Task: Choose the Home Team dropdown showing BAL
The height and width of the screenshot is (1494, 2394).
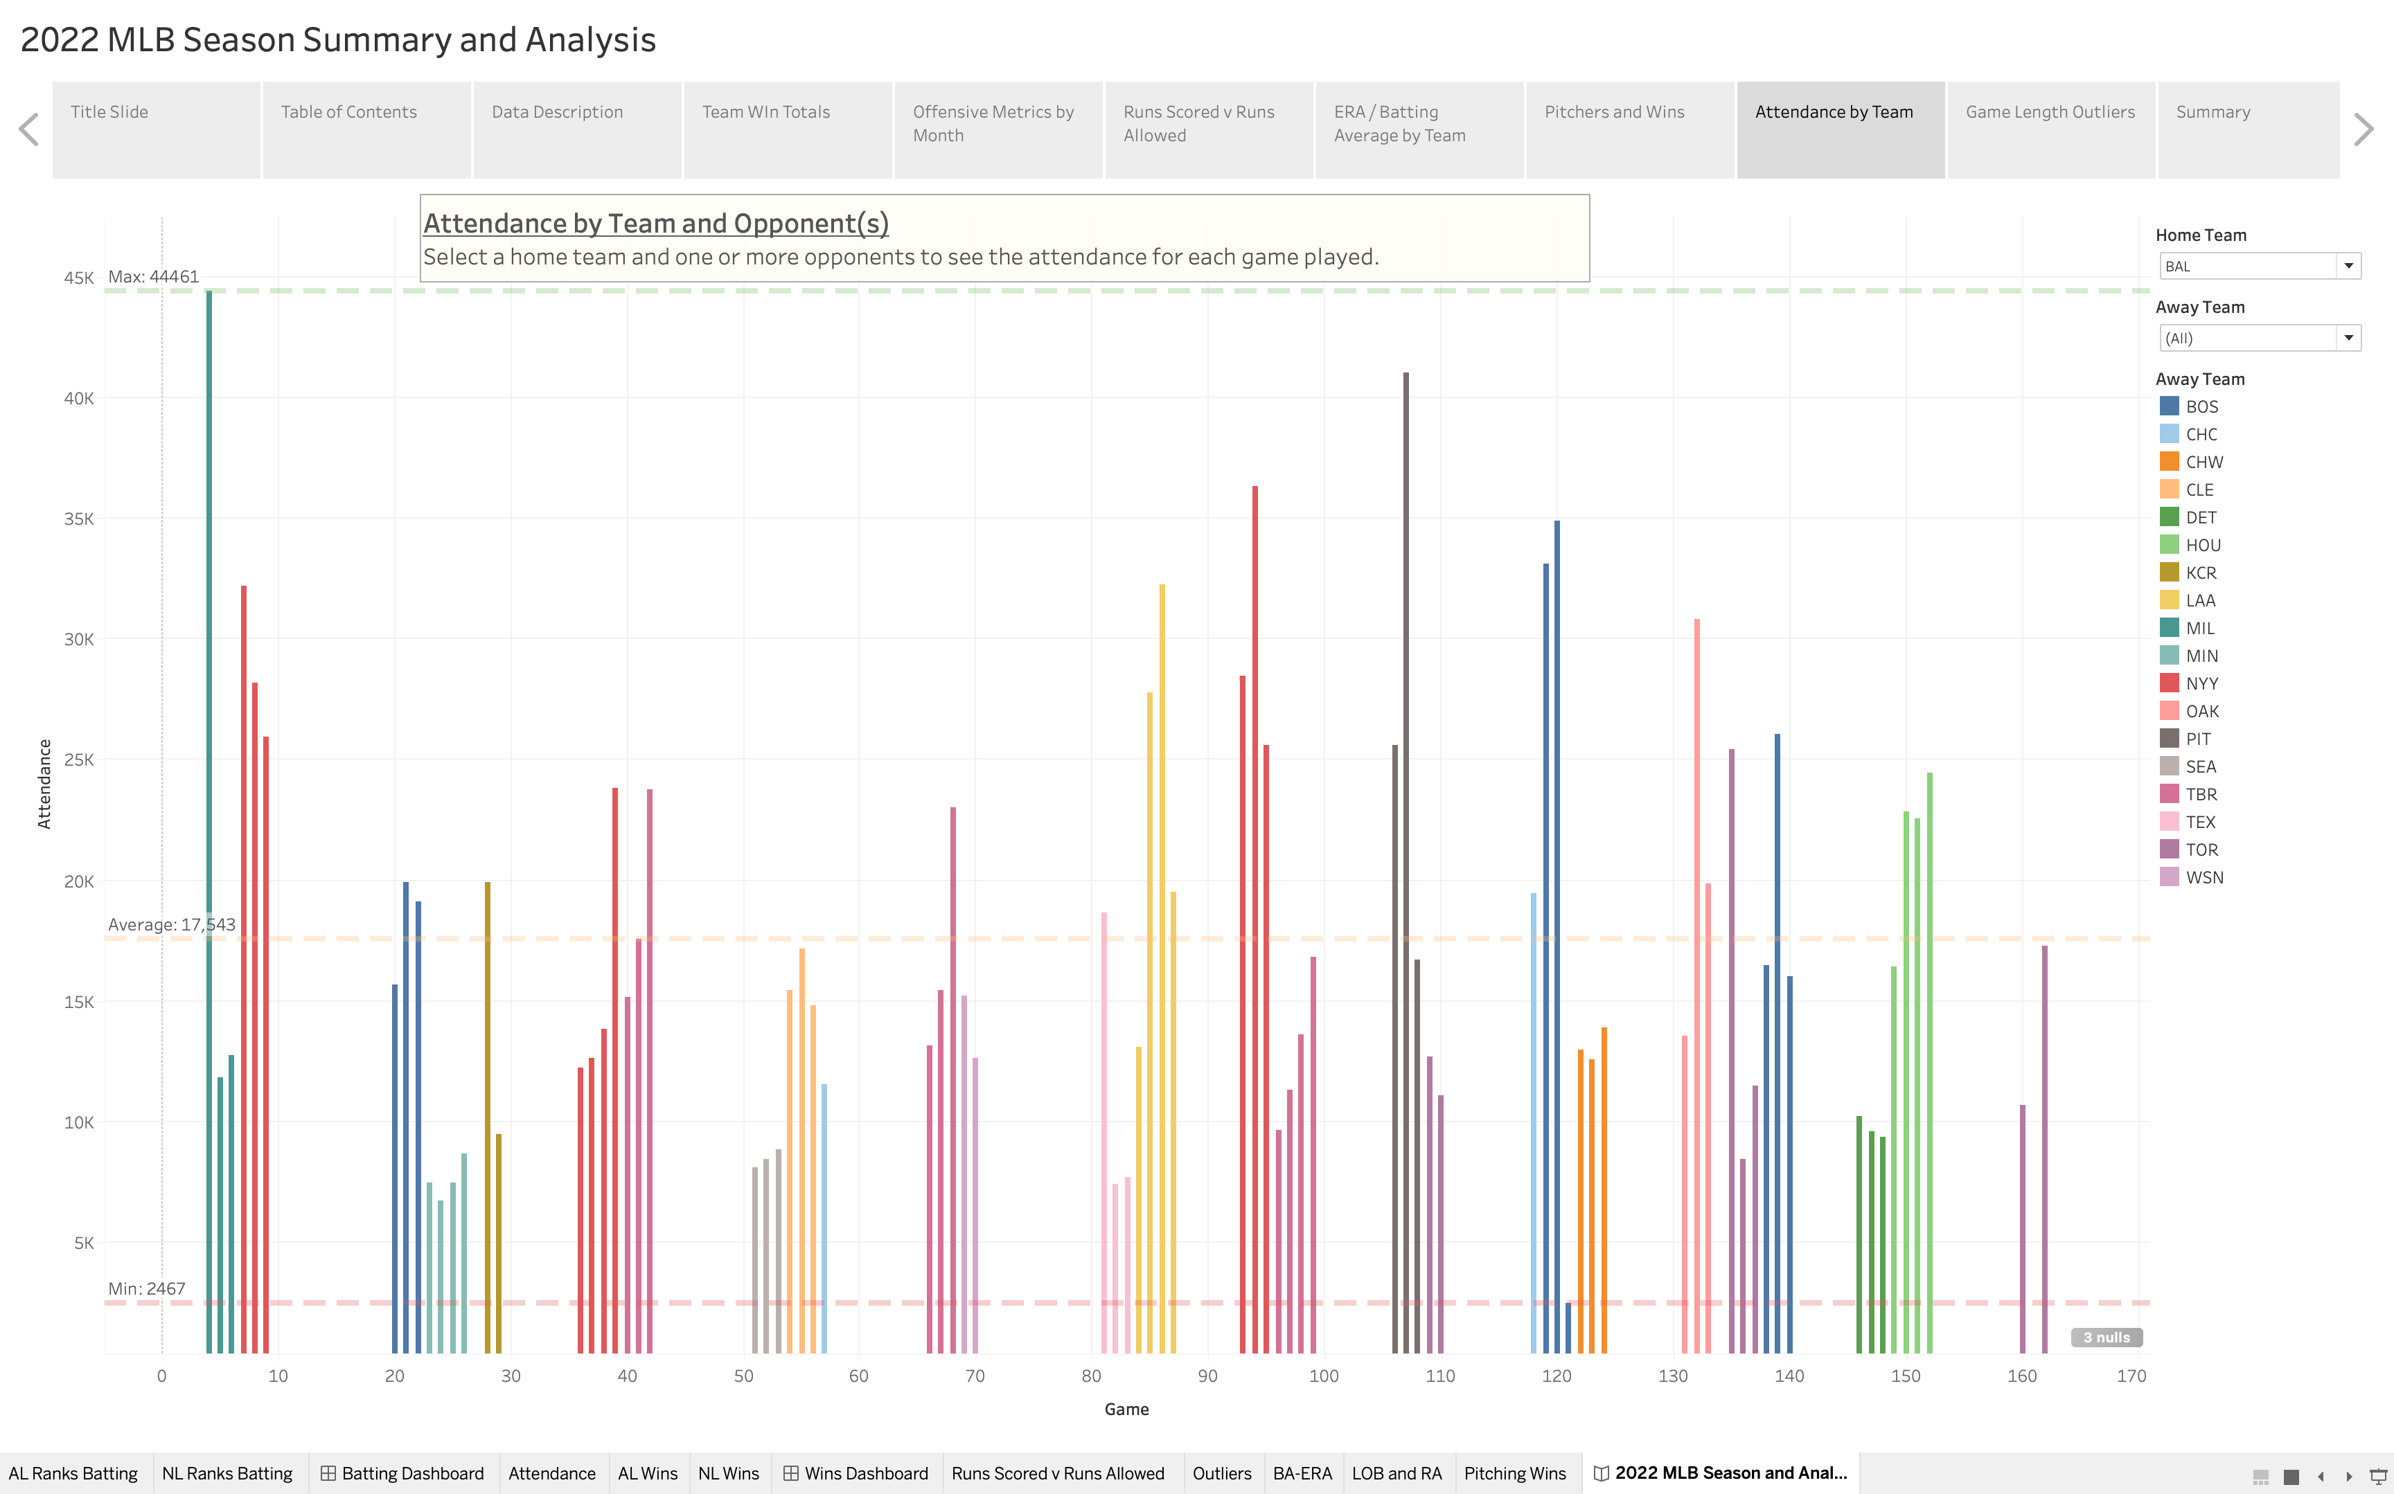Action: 2259,266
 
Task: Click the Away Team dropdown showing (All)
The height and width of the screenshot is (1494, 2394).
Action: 2259,338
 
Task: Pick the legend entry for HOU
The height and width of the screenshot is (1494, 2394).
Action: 2202,546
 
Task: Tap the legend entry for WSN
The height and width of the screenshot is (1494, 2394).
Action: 2204,877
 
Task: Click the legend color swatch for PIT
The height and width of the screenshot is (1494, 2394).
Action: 2169,738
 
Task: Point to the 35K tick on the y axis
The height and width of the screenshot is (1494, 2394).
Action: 78,519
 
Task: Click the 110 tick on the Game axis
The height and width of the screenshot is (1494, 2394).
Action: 1439,1376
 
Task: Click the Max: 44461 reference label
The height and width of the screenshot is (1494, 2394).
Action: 153,277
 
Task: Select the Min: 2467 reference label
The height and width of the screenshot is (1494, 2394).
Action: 146,1288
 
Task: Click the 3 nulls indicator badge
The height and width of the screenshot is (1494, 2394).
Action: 2107,1337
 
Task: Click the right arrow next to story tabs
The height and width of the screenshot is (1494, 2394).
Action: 2364,129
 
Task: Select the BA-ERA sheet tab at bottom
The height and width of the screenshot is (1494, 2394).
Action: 1302,1473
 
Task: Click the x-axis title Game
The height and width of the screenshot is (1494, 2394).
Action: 1126,1409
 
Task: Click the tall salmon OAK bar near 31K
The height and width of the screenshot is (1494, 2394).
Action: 1696,988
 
